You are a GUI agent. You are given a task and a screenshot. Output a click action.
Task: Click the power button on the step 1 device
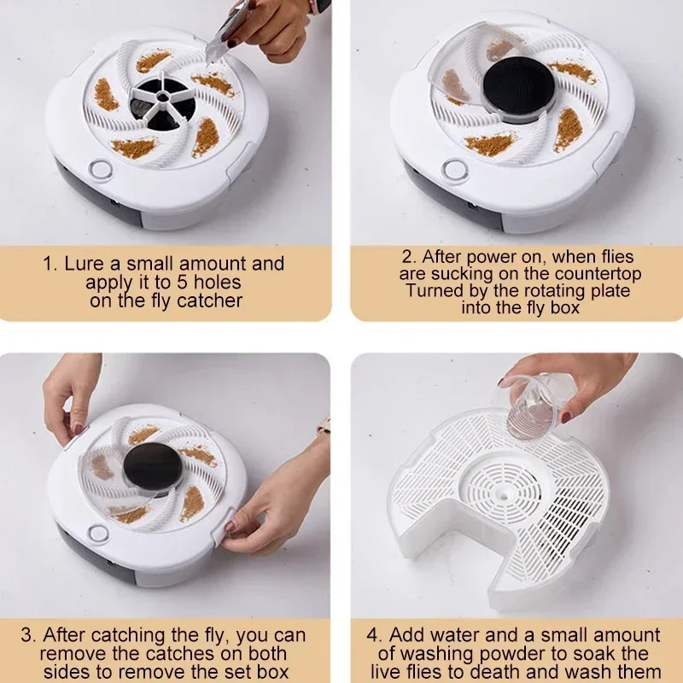click(100, 169)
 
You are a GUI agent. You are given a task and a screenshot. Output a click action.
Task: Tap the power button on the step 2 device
click(454, 169)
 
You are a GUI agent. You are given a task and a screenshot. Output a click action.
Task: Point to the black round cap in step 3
click(152, 466)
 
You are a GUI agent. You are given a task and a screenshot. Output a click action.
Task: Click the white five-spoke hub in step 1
click(161, 97)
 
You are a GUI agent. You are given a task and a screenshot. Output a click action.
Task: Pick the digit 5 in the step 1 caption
click(183, 283)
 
